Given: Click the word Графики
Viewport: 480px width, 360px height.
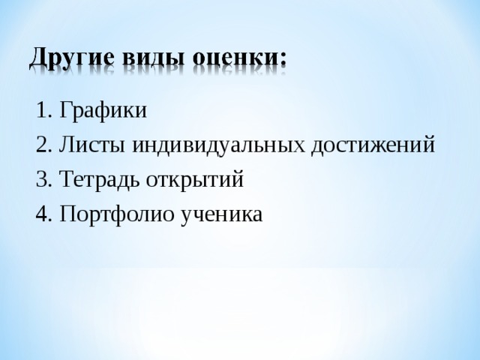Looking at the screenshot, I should point(103,111).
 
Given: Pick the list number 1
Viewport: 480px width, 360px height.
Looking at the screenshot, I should point(40,111).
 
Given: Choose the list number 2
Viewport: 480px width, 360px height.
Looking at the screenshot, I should point(40,145).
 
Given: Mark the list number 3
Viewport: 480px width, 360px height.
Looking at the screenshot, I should point(40,180).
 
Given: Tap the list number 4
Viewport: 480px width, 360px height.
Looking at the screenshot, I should point(40,214).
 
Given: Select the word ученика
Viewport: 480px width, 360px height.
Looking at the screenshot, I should point(221,214).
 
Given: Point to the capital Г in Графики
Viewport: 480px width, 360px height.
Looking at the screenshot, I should point(65,111).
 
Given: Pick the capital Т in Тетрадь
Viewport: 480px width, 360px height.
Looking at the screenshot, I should point(66,180).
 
